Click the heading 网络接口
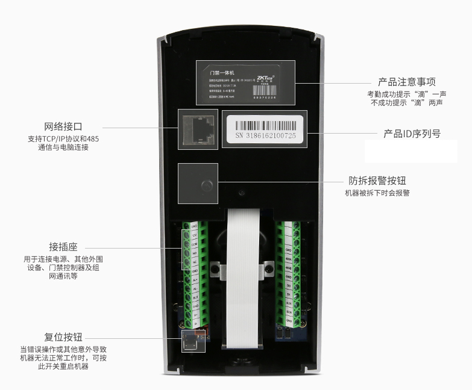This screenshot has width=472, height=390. (63, 127)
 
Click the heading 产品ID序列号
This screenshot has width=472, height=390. (412, 134)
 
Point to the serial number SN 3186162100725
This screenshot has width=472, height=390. (266, 136)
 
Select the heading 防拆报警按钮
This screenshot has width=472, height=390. (377, 181)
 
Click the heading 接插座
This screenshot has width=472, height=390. (63, 247)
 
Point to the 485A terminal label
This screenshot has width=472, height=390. (288, 259)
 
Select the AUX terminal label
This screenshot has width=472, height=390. (288, 303)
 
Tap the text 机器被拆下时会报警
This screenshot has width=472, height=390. (377, 193)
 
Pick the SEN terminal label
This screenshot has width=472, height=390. (288, 312)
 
